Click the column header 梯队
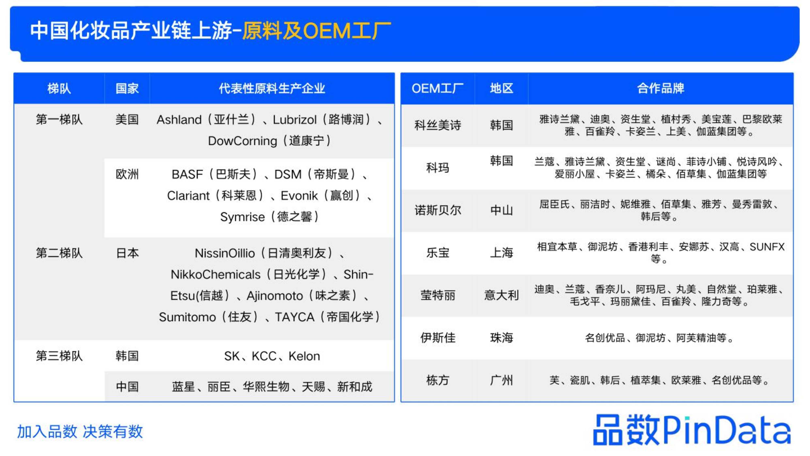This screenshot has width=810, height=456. click(59, 88)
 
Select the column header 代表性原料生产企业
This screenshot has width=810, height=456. click(272, 88)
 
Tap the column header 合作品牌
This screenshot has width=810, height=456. click(661, 88)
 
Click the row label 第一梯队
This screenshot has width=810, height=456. click(59, 120)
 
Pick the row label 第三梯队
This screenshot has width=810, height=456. click(59, 356)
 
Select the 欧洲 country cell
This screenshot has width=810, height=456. click(127, 174)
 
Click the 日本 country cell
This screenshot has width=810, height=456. click(127, 253)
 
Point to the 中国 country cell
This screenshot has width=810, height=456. click(127, 386)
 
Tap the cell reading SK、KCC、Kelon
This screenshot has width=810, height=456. click(272, 356)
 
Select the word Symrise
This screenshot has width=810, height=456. click(242, 217)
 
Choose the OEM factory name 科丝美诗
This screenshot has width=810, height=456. click(438, 125)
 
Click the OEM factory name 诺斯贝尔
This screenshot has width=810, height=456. click(438, 210)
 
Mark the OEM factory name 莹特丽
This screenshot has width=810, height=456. click(438, 295)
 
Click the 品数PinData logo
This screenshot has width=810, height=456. click(692, 430)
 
